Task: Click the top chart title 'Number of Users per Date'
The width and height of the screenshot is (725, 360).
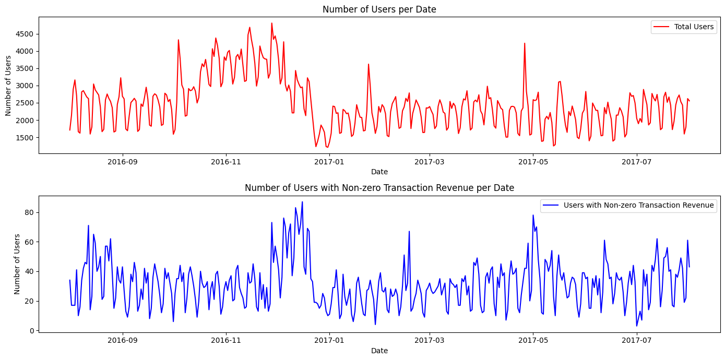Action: pyautogui.click(x=379, y=9)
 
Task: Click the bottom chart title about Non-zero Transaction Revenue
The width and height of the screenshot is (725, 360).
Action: pyautogui.click(x=379, y=188)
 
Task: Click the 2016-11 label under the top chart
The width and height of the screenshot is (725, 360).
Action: pyautogui.click(x=226, y=162)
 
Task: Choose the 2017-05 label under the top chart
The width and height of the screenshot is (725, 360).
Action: pyautogui.click(x=533, y=162)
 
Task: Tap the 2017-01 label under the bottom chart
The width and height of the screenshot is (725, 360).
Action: pyautogui.click(x=328, y=340)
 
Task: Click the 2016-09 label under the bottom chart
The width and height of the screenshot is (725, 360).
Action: pyautogui.click(x=123, y=340)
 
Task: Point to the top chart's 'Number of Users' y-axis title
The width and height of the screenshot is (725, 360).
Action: pyautogui.click(x=8, y=86)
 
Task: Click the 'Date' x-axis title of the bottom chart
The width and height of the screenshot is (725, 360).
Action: pyautogui.click(x=379, y=351)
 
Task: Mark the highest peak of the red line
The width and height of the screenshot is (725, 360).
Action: pyautogui.click(x=271, y=23)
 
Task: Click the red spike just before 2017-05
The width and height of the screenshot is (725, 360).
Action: pyautogui.click(x=525, y=43)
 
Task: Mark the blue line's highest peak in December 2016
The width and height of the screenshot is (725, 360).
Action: pyautogui.click(x=302, y=202)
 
